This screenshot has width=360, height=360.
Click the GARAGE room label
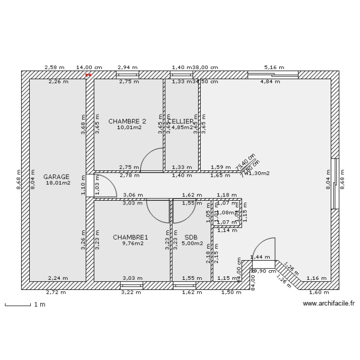point(56,176)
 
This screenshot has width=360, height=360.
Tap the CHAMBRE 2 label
point(127,121)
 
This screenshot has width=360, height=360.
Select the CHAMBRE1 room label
point(131,237)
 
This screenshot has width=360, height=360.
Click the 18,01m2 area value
point(58,182)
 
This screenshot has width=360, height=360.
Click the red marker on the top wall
point(88,75)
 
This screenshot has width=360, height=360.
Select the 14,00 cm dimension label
point(89,68)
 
